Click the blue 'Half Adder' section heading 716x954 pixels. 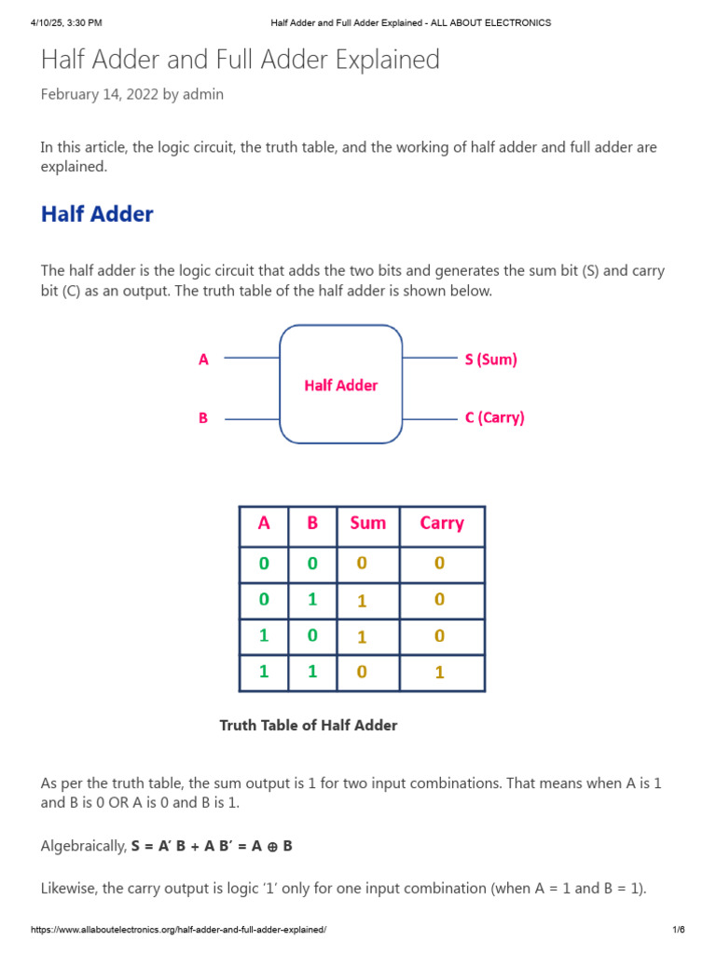point(97,214)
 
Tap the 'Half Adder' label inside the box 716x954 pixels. point(341,385)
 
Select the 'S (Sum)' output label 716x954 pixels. point(490,359)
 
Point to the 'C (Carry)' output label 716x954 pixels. point(494,417)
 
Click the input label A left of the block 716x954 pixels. point(203,359)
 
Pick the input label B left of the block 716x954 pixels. point(203,418)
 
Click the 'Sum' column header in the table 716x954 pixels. point(367,523)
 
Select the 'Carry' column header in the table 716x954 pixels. point(441,523)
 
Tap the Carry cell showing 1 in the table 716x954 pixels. point(440,673)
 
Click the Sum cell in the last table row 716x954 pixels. point(362,673)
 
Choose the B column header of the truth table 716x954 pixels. point(312,523)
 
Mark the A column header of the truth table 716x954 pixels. point(264,523)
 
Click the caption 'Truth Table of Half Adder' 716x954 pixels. point(308,725)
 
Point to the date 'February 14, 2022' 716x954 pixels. point(99,94)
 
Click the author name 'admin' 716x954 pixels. point(203,94)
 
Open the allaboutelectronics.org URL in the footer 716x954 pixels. point(179,931)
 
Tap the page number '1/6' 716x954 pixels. point(678,931)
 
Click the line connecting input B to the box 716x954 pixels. point(252,418)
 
